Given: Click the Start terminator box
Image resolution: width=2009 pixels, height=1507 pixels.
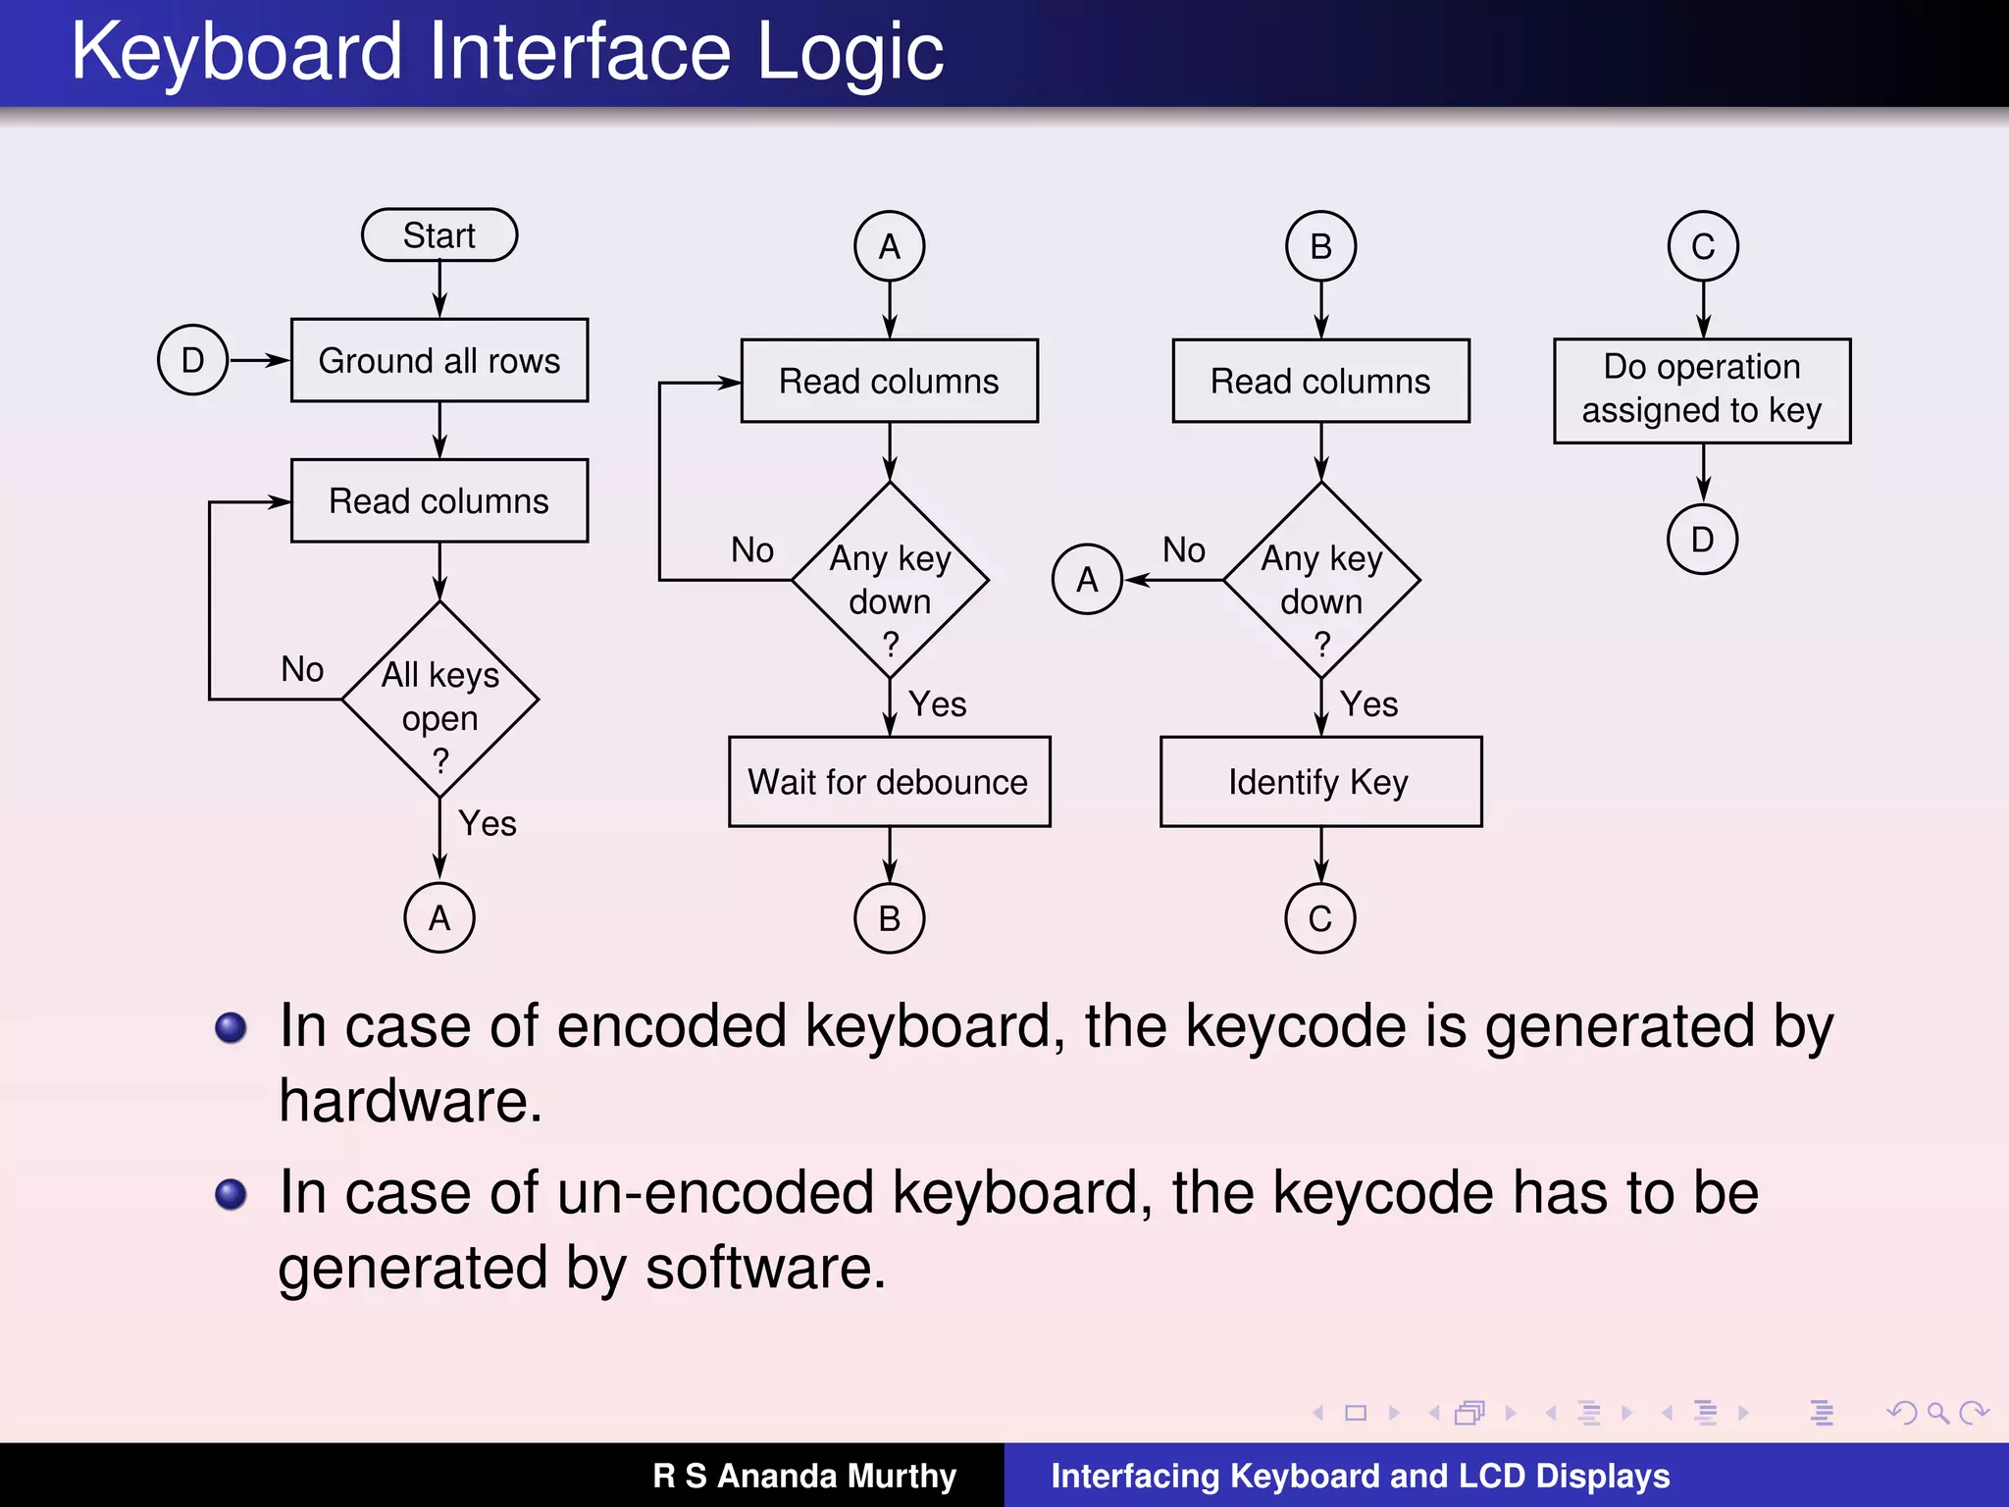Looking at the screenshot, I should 438,235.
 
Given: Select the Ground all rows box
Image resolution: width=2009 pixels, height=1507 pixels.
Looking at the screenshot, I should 438,360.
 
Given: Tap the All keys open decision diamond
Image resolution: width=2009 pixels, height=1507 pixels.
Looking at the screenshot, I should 439,700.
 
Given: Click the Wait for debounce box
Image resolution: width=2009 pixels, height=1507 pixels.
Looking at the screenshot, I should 889,782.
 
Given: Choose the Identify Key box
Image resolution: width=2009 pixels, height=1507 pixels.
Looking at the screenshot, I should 1320,782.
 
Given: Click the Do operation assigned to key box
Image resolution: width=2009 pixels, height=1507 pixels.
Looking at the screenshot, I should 1702,390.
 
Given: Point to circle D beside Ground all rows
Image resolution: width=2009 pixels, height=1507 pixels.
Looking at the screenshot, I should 193,360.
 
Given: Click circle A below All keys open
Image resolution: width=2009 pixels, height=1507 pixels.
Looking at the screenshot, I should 439,918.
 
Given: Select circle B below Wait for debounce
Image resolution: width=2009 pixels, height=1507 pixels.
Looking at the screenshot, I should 889,918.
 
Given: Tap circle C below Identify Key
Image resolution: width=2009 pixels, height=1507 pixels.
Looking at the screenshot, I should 1320,918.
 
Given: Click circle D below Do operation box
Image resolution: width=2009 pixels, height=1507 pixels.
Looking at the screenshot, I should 1702,539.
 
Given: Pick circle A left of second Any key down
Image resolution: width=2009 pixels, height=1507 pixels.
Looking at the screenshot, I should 1087,580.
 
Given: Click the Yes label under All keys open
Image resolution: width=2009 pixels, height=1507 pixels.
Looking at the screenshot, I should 488,823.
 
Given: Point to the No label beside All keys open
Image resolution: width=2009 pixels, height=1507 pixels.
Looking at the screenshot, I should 302,669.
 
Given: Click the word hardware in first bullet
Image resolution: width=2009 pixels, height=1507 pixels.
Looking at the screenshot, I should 409,1101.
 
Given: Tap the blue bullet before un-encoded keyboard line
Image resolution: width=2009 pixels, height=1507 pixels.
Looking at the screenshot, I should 232,1194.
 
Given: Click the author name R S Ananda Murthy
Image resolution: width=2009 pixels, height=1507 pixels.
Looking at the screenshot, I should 804,1476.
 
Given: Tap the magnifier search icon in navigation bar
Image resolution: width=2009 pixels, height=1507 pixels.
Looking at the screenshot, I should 1937,1413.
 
